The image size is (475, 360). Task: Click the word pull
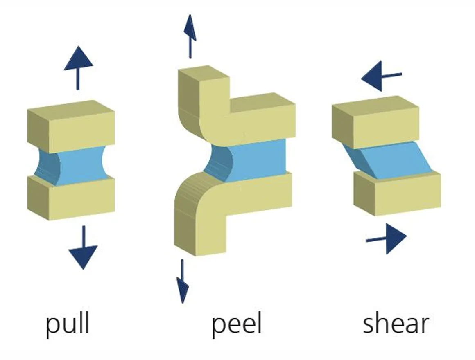(68, 324)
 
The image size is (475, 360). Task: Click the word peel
(236, 324)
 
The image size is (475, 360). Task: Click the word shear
(396, 324)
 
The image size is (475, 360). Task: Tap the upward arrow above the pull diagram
(78, 68)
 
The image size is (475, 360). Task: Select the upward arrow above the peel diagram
(190, 36)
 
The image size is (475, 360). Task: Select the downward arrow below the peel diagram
(182, 281)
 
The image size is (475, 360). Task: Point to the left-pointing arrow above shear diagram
(381, 76)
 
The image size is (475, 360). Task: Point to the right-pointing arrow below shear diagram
(386, 239)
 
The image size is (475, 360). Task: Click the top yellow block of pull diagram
(71, 126)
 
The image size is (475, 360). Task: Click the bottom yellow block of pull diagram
(71, 198)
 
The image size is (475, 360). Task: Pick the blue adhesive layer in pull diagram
(73, 165)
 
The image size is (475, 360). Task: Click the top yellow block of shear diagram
(375, 122)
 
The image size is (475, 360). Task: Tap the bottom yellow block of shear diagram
(397, 193)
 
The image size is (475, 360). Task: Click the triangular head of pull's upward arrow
(79, 59)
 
